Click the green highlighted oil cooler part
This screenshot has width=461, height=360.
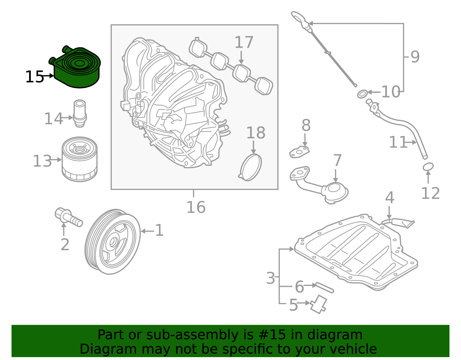(77, 69)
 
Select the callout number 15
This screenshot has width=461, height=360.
(34, 77)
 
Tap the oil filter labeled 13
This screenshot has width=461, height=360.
(80, 159)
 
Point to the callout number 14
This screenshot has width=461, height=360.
(53, 119)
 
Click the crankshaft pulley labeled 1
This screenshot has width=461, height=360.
(112, 242)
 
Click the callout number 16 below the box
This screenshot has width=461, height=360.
(196, 207)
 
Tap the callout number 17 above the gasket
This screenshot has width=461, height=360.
(244, 42)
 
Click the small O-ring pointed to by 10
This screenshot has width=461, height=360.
(362, 94)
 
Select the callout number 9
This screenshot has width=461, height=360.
(415, 57)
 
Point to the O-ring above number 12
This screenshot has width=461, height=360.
(428, 167)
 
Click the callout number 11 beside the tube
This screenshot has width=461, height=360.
(398, 142)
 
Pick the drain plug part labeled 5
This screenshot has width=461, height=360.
(318, 304)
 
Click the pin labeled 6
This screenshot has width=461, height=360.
(325, 288)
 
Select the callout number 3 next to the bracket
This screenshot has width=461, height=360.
(271, 278)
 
